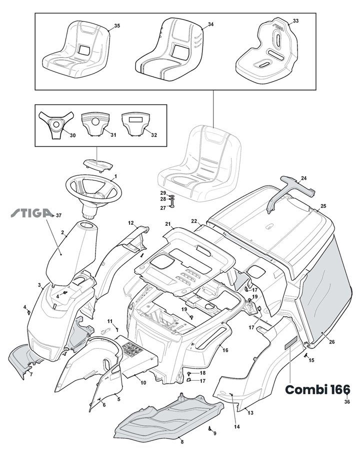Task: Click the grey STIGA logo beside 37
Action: click(31, 214)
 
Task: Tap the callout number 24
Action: click(304, 178)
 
